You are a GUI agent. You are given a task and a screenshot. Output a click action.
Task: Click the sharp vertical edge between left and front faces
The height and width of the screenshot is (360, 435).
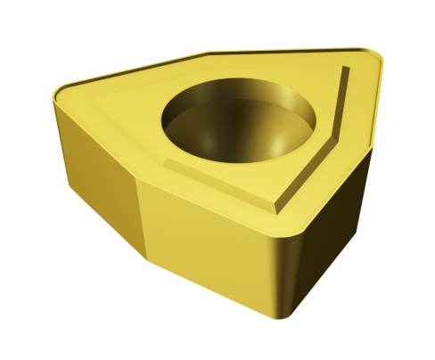(140, 214)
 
